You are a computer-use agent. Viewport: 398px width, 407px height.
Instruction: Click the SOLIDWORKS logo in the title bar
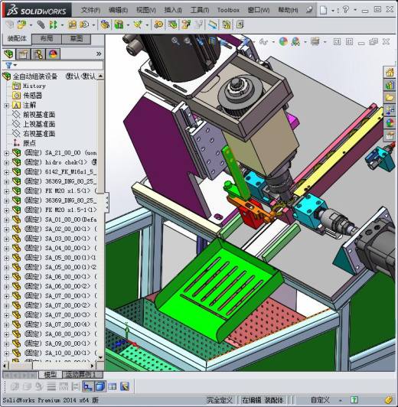click(x=37, y=9)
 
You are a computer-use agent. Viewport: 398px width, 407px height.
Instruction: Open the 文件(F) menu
click(x=90, y=10)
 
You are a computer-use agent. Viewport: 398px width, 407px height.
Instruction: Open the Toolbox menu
click(x=228, y=10)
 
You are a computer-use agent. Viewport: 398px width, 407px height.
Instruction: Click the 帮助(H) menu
click(x=288, y=10)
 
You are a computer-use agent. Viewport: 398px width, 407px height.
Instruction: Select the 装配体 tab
click(x=17, y=38)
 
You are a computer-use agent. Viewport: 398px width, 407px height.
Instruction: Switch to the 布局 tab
click(x=47, y=38)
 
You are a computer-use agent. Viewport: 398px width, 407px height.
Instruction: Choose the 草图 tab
click(x=77, y=38)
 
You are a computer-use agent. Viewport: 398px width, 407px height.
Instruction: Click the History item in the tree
click(x=34, y=86)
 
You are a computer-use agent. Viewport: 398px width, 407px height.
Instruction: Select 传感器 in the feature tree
click(x=32, y=96)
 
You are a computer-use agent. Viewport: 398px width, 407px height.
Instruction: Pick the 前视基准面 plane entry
click(x=38, y=115)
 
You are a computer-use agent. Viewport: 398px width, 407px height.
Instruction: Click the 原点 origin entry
click(x=29, y=143)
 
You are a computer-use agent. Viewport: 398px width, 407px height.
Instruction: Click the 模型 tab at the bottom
click(x=50, y=375)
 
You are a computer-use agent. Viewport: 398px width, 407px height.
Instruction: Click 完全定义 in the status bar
click(x=220, y=400)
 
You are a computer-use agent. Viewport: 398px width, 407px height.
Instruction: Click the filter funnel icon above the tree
click(x=8, y=65)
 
